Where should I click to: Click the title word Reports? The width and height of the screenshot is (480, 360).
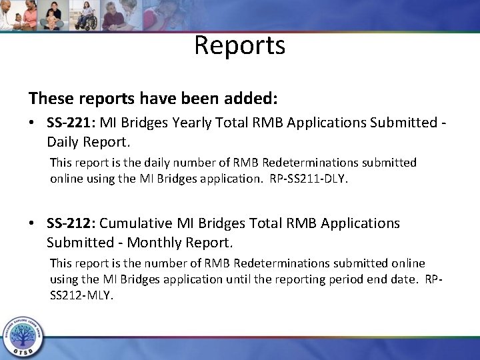[240, 45]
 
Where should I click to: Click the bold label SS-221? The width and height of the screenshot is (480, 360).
[72, 124]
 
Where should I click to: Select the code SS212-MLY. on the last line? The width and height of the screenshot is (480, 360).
[81, 294]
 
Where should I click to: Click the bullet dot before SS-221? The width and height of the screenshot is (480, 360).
[33, 125]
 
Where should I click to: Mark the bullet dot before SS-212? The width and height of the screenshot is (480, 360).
[33, 222]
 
